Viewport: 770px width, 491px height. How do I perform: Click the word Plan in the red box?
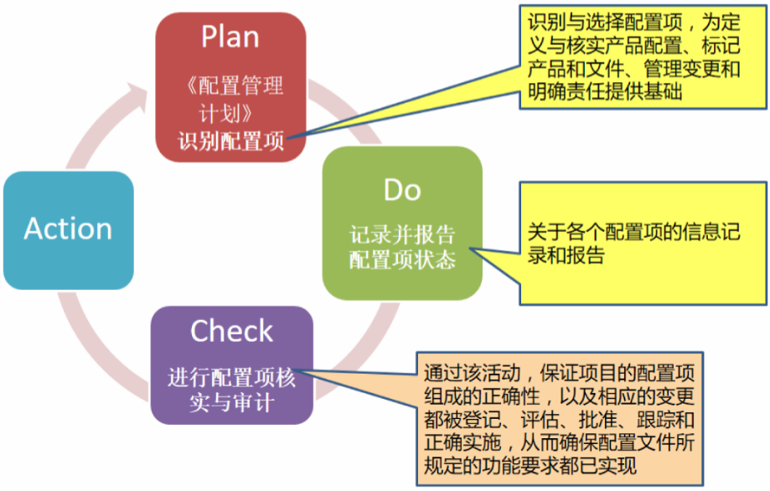pos(230,38)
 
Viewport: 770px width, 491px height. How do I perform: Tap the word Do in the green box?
pos(402,190)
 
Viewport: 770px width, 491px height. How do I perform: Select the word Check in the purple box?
pos(231,332)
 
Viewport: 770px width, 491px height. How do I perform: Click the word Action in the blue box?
pos(68,229)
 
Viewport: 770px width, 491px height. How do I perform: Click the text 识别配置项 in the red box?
pos(231,140)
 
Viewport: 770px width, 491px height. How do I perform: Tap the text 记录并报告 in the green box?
pos(402,235)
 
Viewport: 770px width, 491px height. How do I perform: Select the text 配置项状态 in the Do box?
pos(402,260)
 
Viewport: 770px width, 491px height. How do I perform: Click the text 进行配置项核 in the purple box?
pos(231,377)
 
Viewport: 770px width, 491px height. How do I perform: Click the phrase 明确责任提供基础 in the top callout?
pos(601,91)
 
